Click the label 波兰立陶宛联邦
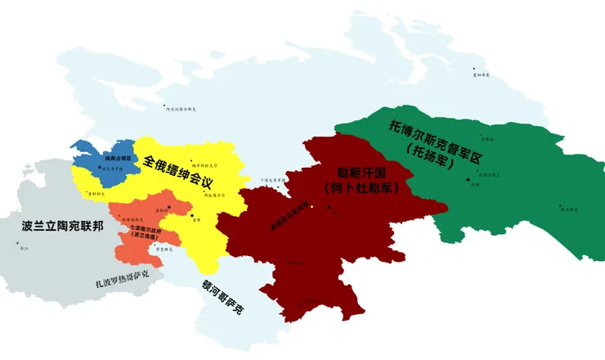63,225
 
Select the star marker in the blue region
101,169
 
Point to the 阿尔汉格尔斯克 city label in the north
181,108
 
